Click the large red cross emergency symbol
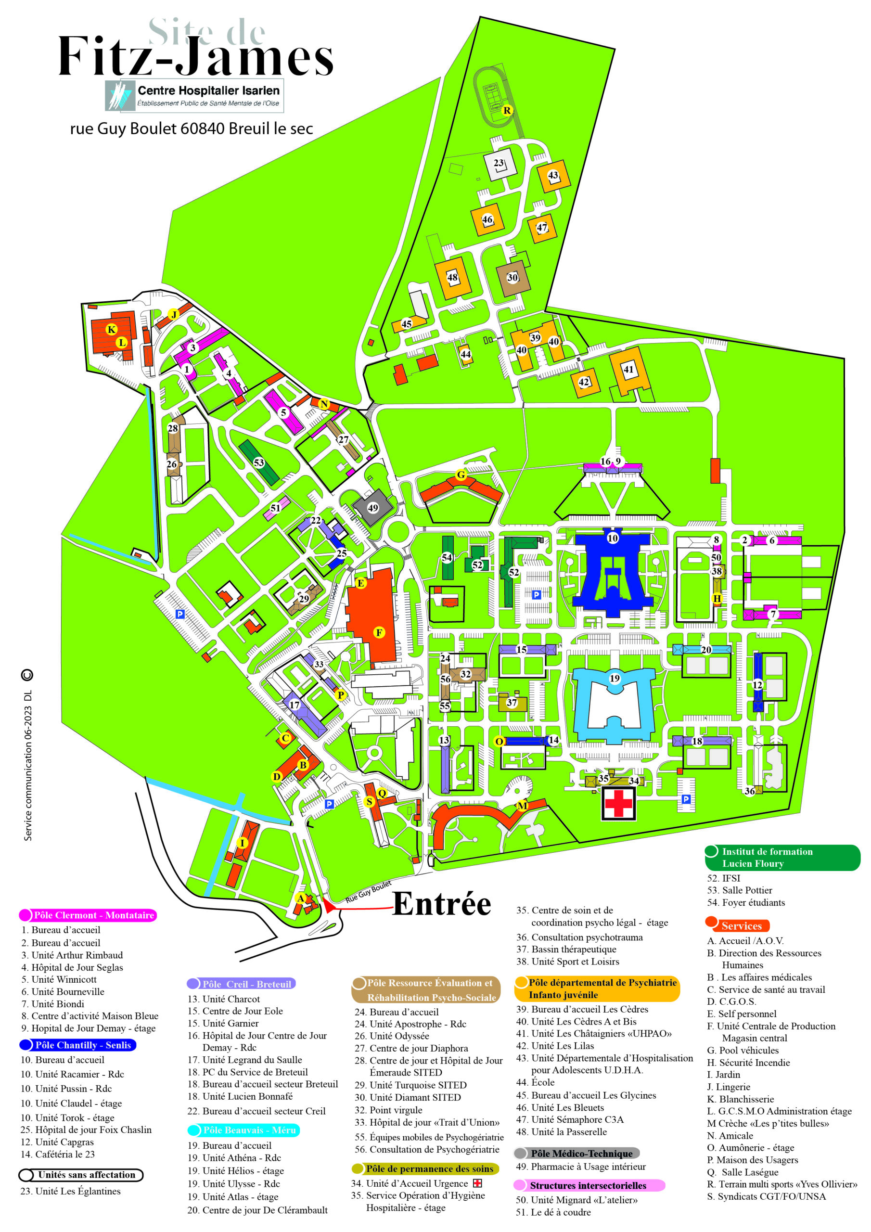618,803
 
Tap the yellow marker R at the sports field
507,111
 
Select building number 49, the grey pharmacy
372,508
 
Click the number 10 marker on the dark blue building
612,538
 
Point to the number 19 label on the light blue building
615,678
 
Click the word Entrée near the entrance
441,904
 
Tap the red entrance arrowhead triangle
327,905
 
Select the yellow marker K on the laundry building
112,330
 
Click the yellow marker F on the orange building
379,633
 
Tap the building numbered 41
628,369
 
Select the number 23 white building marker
499,163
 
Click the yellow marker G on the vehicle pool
461,475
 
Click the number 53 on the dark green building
259,462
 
